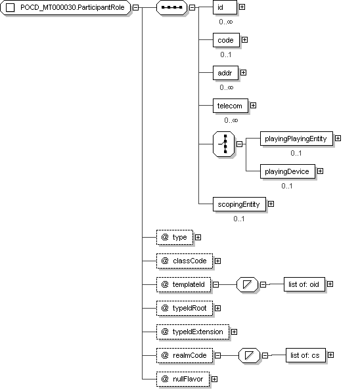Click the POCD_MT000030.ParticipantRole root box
(x=65, y=7)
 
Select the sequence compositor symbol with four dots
(x=171, y=7)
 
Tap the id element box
(x=225, y=7)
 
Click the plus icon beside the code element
(x=245, y=40)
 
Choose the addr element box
(x=225, y=73)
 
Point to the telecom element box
(x=231, y=106)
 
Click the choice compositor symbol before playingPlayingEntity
(x=224, y=144)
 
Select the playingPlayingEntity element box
(x=296, y=139)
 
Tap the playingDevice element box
(x=288, y=171)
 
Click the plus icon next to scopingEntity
(x=271, y=204)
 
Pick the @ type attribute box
(x=175, y=237)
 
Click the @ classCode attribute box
(x=185, y=261)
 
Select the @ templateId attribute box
(x=183, y=284)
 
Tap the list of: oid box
(x=304, y=284)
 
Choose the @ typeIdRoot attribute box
(x=185, y=308)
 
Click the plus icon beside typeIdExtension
(x=234, y=332)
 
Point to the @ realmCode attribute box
(x=185, y=355)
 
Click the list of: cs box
(x=305, y=355)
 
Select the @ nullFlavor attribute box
(x=183, y=379)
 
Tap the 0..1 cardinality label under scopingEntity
(x=239, y=219)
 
